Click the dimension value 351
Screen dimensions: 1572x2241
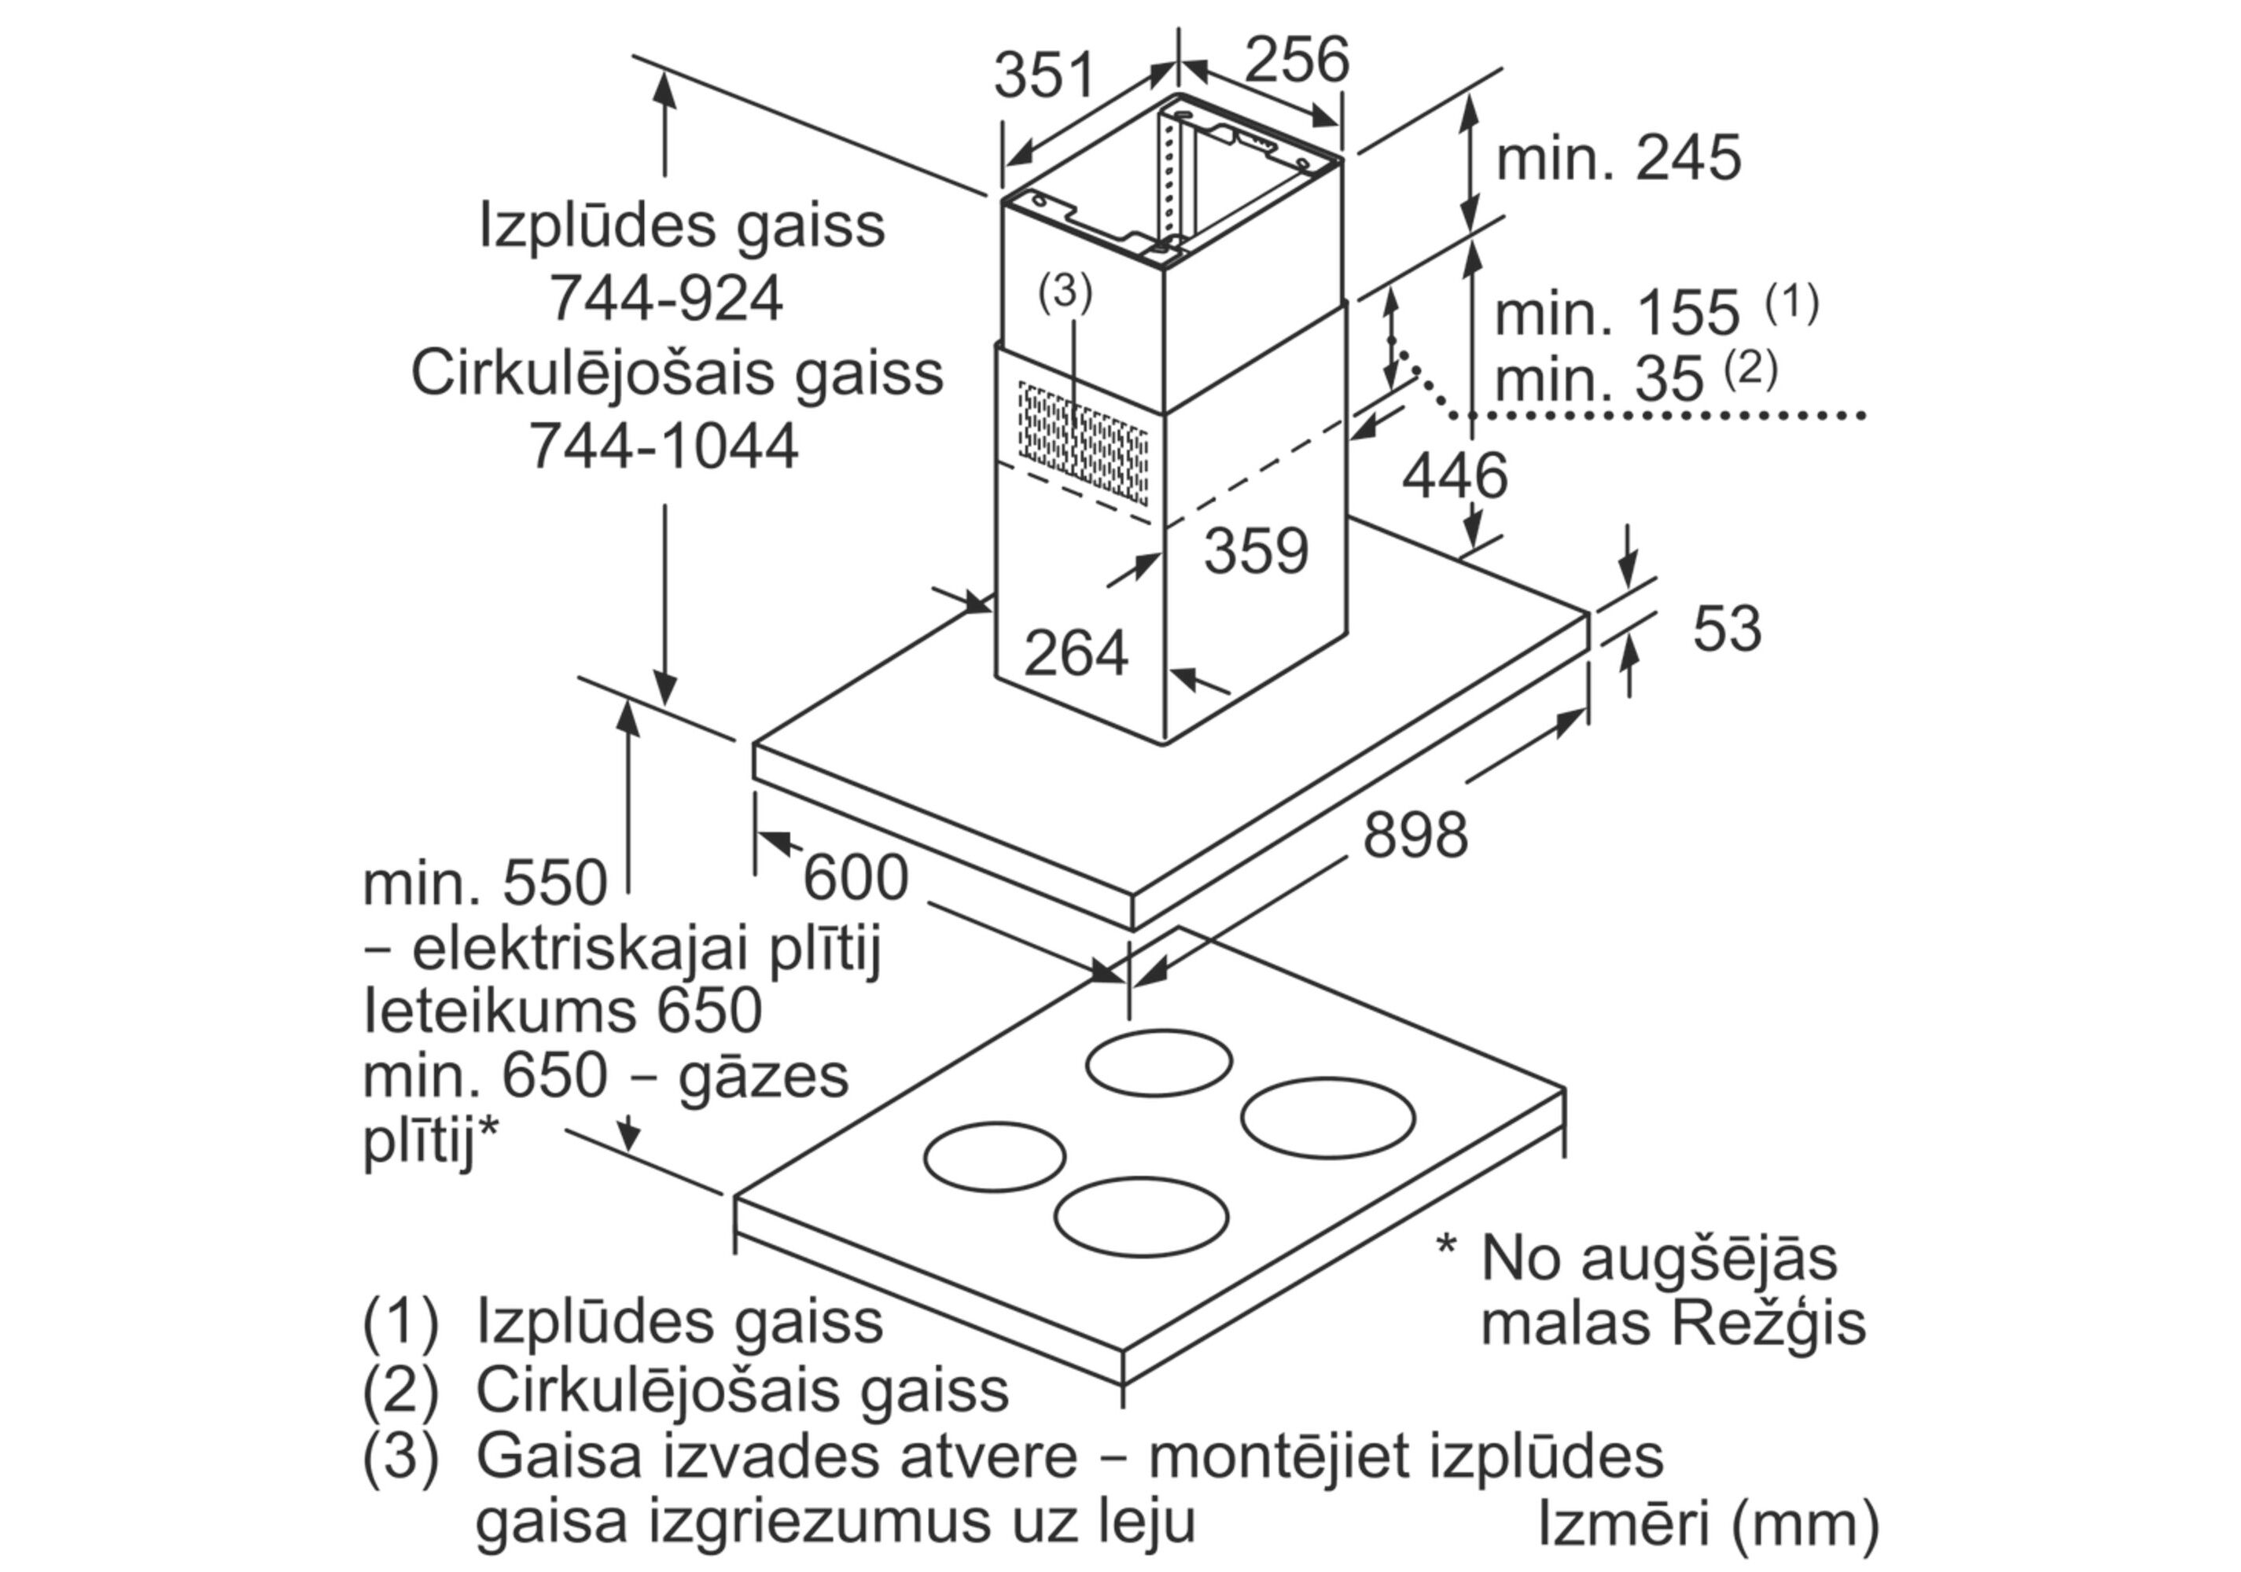click(1044, 76)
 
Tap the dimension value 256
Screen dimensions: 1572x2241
click(1296, 60)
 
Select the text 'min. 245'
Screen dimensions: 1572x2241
click(1617, 158)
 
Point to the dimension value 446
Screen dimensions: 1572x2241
click(1455, 477)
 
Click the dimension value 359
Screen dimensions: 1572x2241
click(1255, 551)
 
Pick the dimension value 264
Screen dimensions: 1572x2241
click(1076, 653)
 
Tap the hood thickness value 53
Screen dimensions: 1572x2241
click(1727, 629)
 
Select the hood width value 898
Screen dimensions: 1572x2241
click(1415, 836)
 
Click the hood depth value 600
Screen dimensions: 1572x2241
click(855, 877)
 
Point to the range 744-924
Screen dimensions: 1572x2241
click(666, 298)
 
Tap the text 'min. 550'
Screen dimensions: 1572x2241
click(485, 884)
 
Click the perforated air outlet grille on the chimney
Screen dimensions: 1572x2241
click(1083, 444)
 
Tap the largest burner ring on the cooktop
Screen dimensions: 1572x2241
click(1327, 1118)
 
